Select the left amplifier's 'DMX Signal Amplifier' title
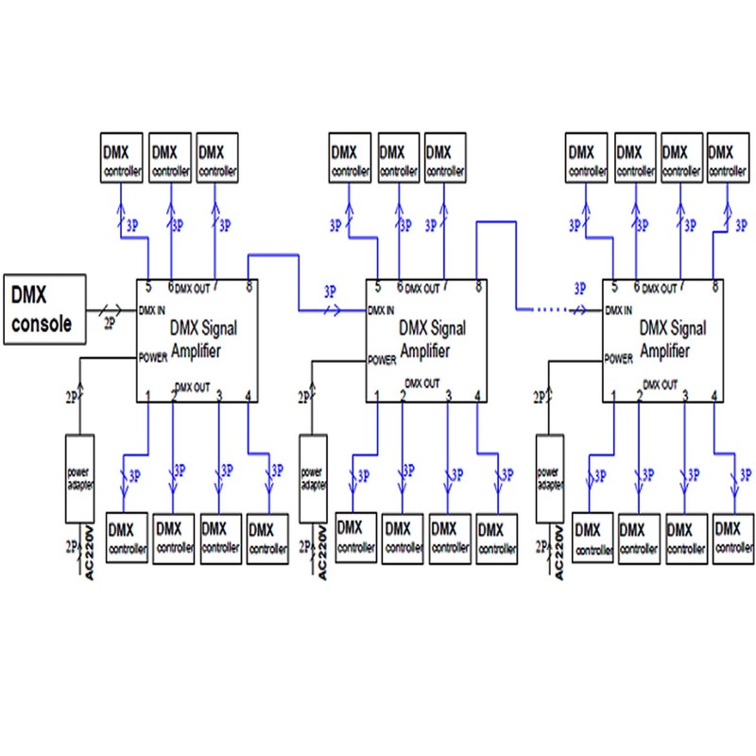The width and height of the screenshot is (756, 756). click(x=203, y=338)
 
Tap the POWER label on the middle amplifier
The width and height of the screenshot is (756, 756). click(x=382, y=360)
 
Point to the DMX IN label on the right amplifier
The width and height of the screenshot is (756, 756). click(x=618, y=310)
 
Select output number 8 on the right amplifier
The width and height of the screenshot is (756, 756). click(x=714, y=286)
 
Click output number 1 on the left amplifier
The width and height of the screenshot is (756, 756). click(x=147, y=395)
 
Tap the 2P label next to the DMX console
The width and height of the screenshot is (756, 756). click(x=110, y=322)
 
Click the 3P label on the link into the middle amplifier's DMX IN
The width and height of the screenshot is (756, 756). click(x=329, y=291)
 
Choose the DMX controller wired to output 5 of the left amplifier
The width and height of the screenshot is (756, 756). click(x=121, y=159)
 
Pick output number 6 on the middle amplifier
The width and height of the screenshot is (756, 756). click(x=400, y=286)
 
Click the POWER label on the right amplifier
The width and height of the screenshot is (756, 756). click(x=618, y=359)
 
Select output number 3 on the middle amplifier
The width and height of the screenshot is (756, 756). click(x=448, y=395)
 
